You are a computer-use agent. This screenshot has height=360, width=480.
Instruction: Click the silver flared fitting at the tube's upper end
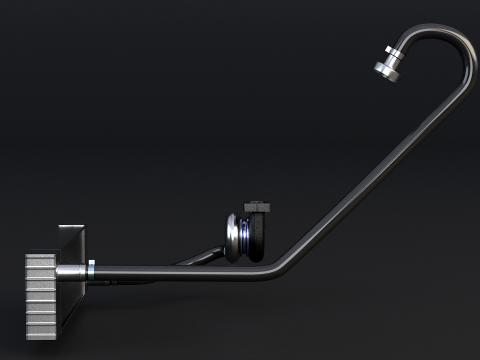pyautogui.click(x=389, y=66)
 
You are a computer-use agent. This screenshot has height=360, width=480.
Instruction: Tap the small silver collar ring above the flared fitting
pyautogui.click(x=396, y=51)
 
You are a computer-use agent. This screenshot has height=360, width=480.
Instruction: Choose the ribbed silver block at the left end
pyautogui.click(x=41, y=295)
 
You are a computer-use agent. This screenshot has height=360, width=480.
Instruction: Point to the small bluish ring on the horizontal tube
pyautogui.click(x=91, y=268)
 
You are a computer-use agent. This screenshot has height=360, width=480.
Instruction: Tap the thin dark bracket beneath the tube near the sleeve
pyautogui.click(x=120, y=280)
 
